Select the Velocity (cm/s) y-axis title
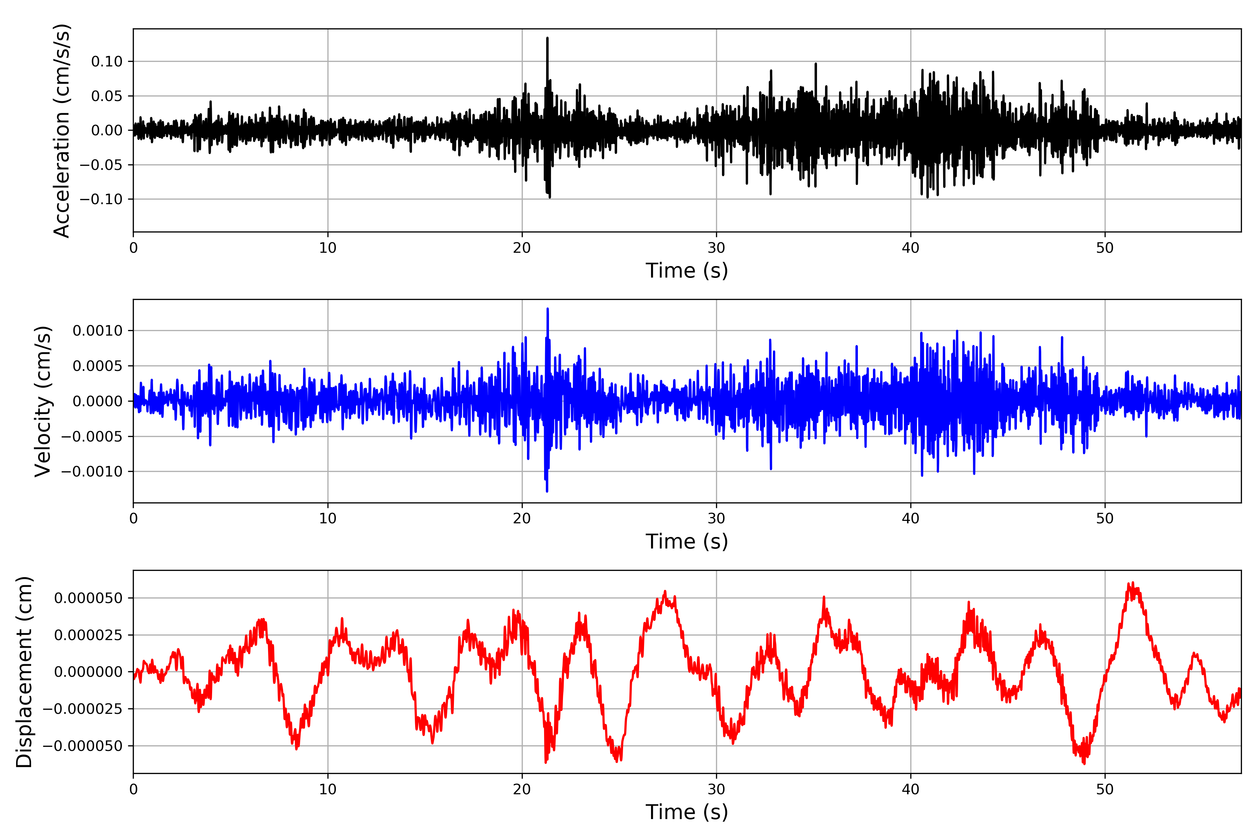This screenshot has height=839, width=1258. pos(43,401)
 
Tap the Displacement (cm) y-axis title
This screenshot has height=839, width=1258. pos(24,672)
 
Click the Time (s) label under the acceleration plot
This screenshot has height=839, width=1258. pos(687,271)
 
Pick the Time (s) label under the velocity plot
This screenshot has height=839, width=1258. pos(687,542)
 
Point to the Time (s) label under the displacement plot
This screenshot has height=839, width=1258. pos(687,812)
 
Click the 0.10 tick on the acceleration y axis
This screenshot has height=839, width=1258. pos(107,62)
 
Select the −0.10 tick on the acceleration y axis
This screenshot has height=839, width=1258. pos(102,199)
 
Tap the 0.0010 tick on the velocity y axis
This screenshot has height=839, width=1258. pos(98,331)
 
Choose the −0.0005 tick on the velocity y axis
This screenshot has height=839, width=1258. pos(92,437)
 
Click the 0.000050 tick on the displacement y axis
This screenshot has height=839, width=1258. pos(89,598)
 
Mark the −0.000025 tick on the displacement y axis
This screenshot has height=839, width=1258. pos(83,709)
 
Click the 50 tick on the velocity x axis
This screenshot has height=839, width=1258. pos(1105,518)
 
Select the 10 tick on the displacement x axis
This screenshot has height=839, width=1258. pos(328,789)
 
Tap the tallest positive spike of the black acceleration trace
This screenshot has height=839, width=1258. pos(547,38)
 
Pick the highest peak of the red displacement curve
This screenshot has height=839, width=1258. pos(1133,583)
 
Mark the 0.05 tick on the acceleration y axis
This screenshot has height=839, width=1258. pos(107,96)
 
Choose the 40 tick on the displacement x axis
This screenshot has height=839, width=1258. pos(911,789)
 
